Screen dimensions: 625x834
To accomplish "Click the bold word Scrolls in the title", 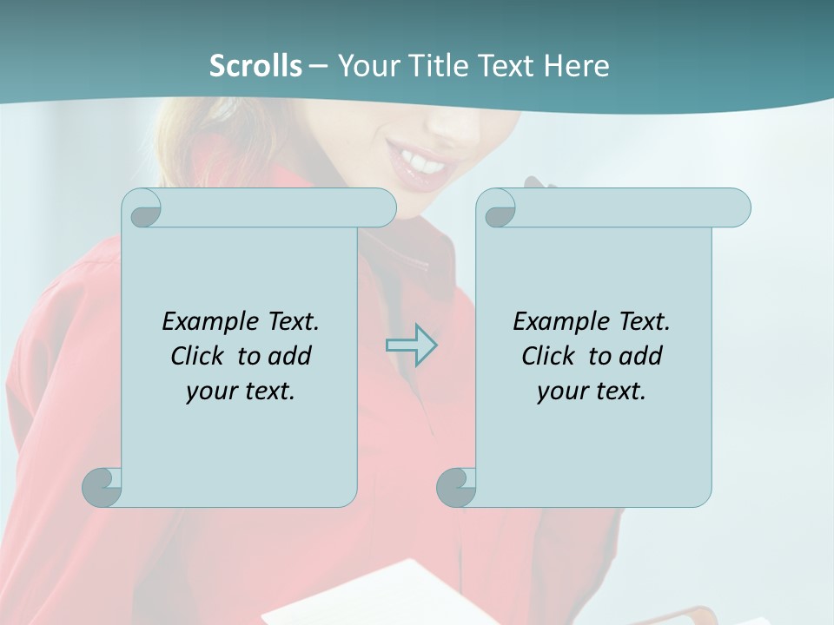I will [255, 66].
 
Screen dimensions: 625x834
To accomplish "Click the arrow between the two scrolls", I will [411, 345].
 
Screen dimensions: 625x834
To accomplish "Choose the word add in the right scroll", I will [641, 356].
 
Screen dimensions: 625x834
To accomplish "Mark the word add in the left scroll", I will [290, 356].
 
